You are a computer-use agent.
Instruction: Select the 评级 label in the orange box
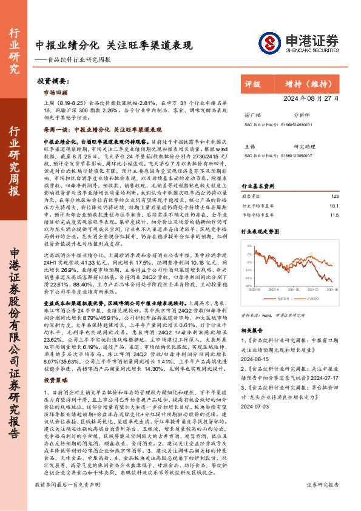coord(252,84)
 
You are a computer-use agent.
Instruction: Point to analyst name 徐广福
coord(251,113)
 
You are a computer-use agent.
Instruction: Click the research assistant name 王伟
coord(249,146)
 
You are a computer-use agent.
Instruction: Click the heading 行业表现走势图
coord(262,231)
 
